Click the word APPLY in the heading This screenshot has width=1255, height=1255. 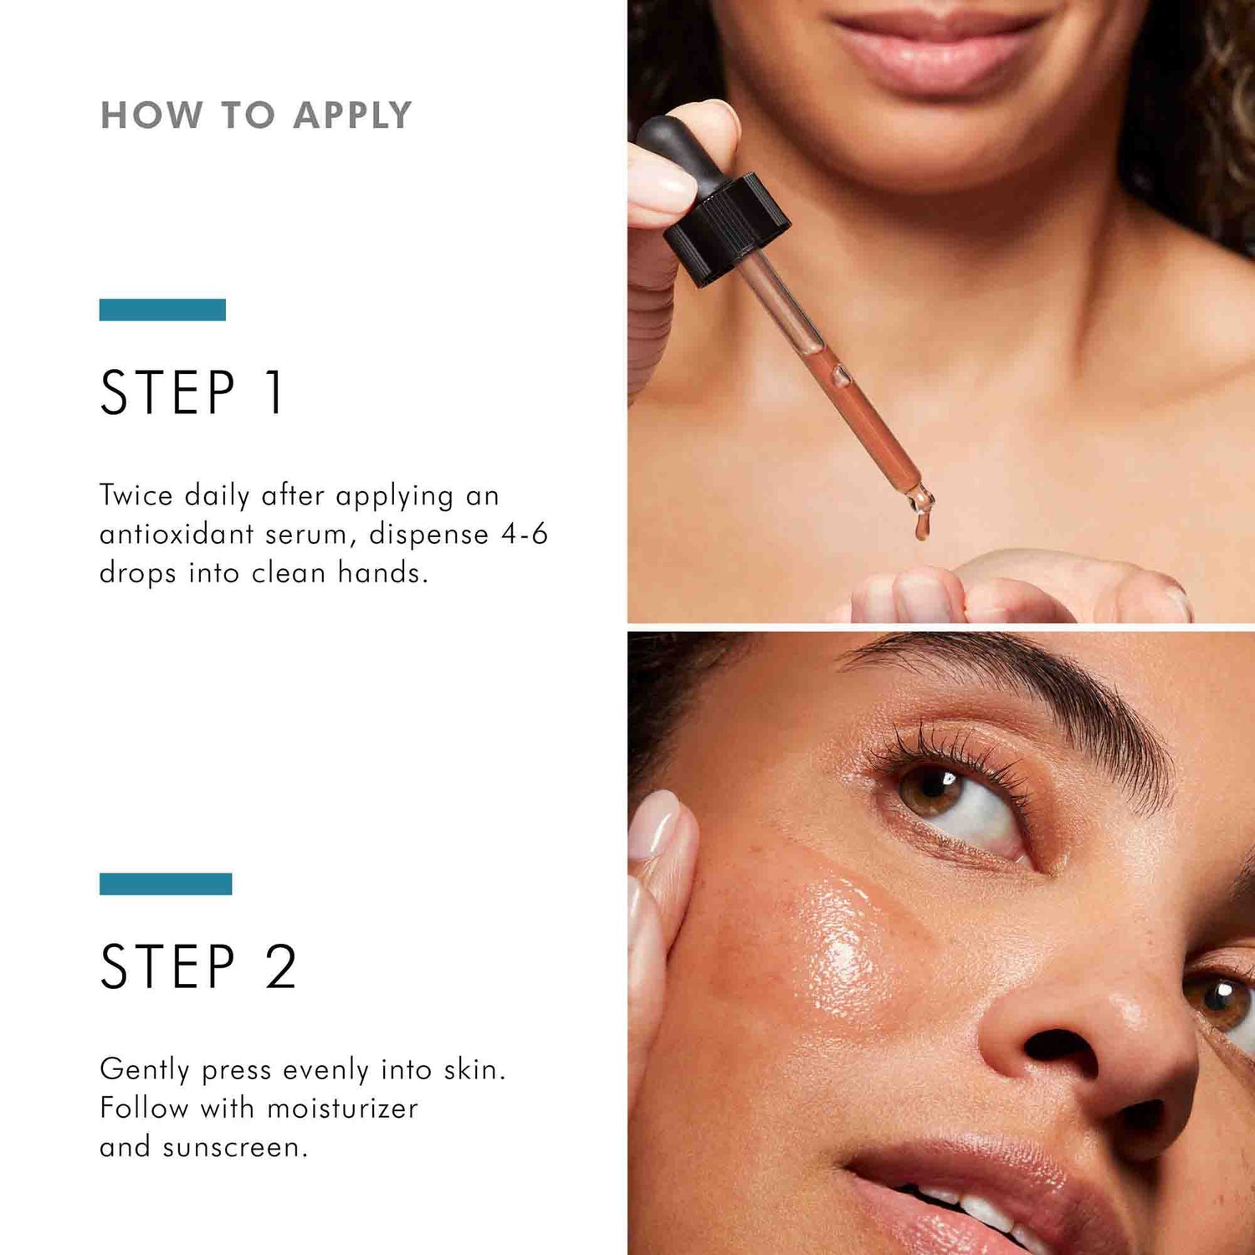[x=352, y=115]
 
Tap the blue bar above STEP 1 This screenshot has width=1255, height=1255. [x=162, y=310]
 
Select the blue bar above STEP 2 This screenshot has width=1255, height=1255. [x=166, y=884]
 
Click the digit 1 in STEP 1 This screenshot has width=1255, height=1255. [x=274, y=392]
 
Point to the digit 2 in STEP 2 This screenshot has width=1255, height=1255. [x=281, y=967]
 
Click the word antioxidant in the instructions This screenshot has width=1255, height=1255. [x=177, y=534]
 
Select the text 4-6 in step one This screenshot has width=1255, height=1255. [x=524, y=534]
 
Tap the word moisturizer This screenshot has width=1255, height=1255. [x=342, y=1109]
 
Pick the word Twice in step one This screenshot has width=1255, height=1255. [x=136, y=495]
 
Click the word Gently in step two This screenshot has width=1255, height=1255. [x=144, y=1070]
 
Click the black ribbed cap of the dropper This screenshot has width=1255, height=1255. [x=726, y=228]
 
